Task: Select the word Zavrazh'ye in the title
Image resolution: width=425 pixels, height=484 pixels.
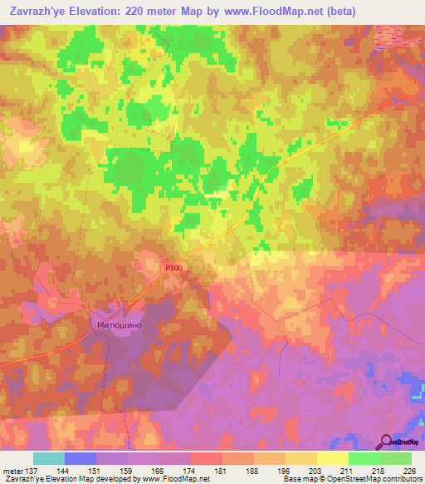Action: click(x=39, y=12)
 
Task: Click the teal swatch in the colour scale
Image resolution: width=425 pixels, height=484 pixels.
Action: click(x=48, y=458)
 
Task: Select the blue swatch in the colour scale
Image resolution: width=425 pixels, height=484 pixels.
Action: click(x=80, y=458)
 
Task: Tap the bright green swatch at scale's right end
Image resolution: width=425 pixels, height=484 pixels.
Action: click(x=395, y=458)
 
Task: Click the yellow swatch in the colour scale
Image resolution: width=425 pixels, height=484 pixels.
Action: click(x=332, y=458)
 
